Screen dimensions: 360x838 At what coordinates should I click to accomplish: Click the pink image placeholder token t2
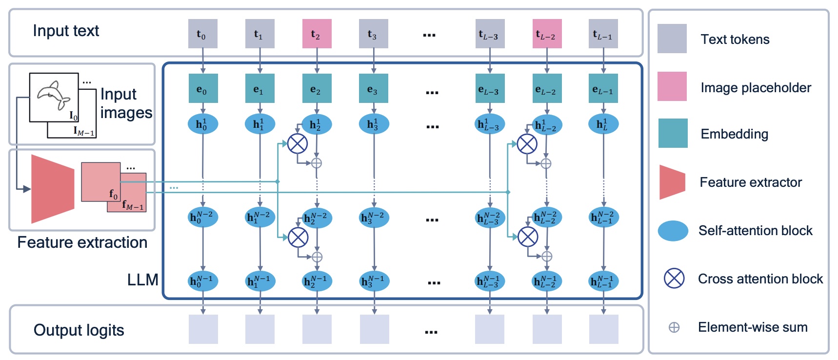click(317, 34)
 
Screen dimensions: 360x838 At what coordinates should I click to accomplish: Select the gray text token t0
click(203, 34)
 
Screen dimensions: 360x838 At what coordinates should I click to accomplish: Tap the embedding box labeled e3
click(374, 88)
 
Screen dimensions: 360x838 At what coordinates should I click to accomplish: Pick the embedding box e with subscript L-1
click(603, 88)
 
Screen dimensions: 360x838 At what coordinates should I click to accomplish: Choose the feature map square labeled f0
click(100, 182)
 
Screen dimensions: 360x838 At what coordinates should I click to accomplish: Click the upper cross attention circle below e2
click(298, 143)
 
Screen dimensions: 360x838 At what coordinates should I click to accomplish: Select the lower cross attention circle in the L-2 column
click(528, 237)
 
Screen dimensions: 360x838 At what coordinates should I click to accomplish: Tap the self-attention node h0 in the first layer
click(202, 124)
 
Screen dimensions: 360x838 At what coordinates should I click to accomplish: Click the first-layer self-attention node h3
click(374, 124)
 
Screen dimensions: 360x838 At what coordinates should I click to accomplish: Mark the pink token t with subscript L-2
click(547, 34)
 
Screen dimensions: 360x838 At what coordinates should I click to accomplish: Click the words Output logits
click(79, 330)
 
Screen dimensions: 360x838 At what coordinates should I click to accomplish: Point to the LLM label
click(142, 280)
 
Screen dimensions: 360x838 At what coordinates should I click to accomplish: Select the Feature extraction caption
click(82, 242)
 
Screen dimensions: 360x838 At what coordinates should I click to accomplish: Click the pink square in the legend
click(672, 86)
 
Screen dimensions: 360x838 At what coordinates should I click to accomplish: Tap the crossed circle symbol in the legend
click(674, 279)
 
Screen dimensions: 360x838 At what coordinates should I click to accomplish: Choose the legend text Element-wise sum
click(752, 327)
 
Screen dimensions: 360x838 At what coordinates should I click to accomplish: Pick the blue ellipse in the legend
click(673, 231)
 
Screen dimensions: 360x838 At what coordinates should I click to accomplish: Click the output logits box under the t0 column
click(203, 329)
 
